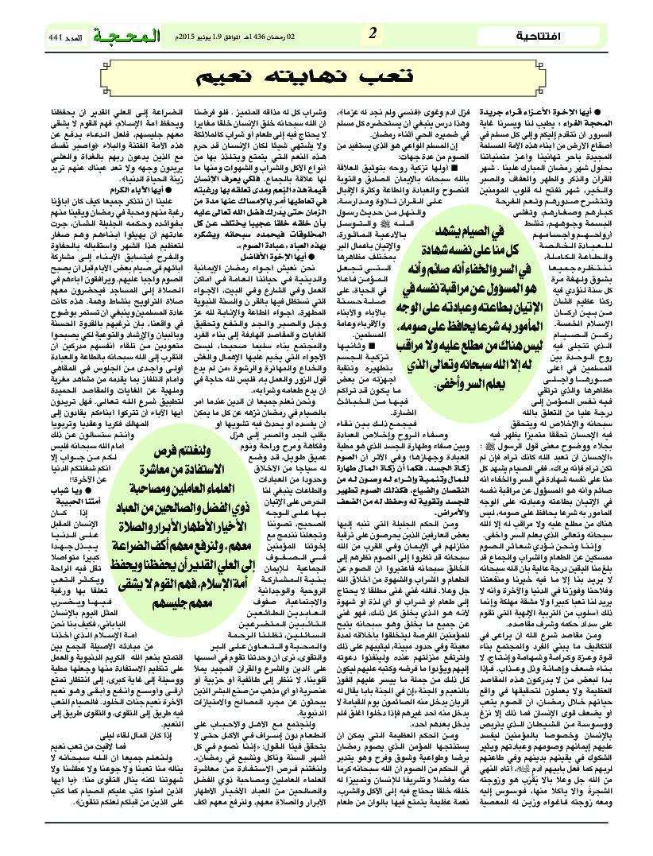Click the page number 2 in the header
(372, 35)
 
